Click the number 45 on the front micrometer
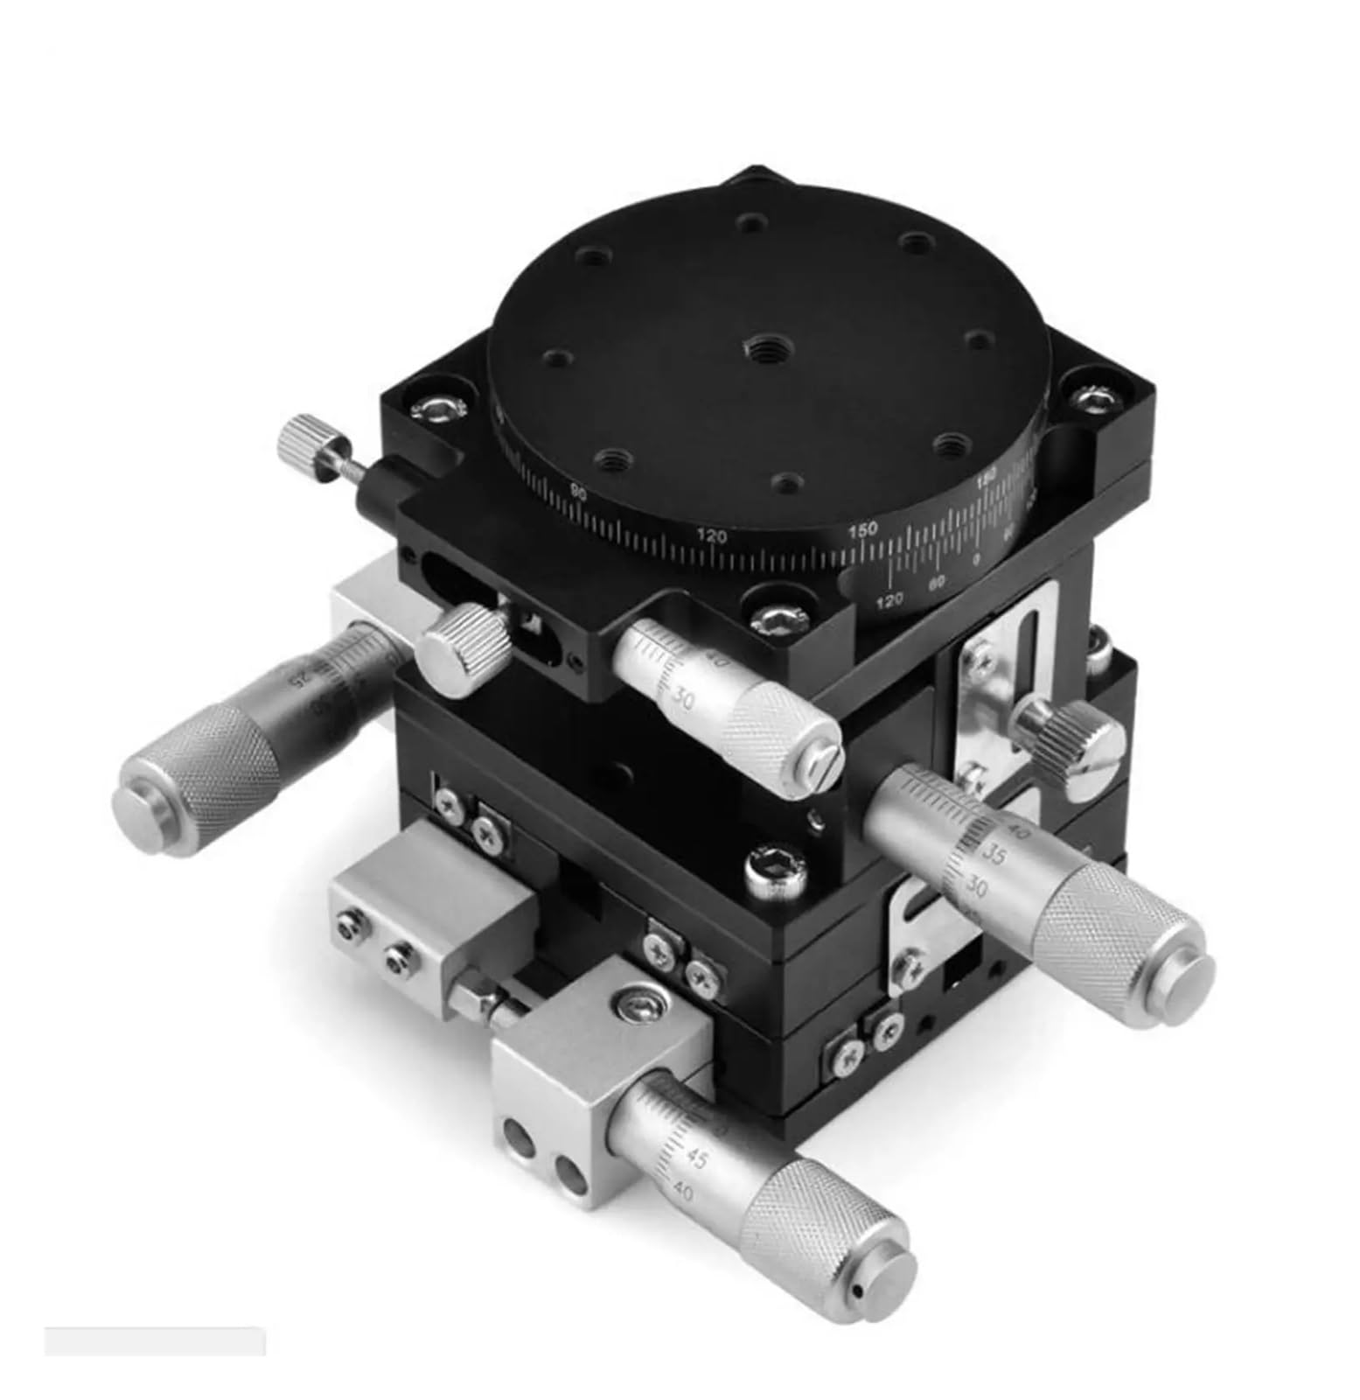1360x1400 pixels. point(696,1160)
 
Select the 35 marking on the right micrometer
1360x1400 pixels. point(994,851)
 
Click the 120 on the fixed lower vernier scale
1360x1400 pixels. point(890,600)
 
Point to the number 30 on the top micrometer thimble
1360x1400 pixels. point(684,697)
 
